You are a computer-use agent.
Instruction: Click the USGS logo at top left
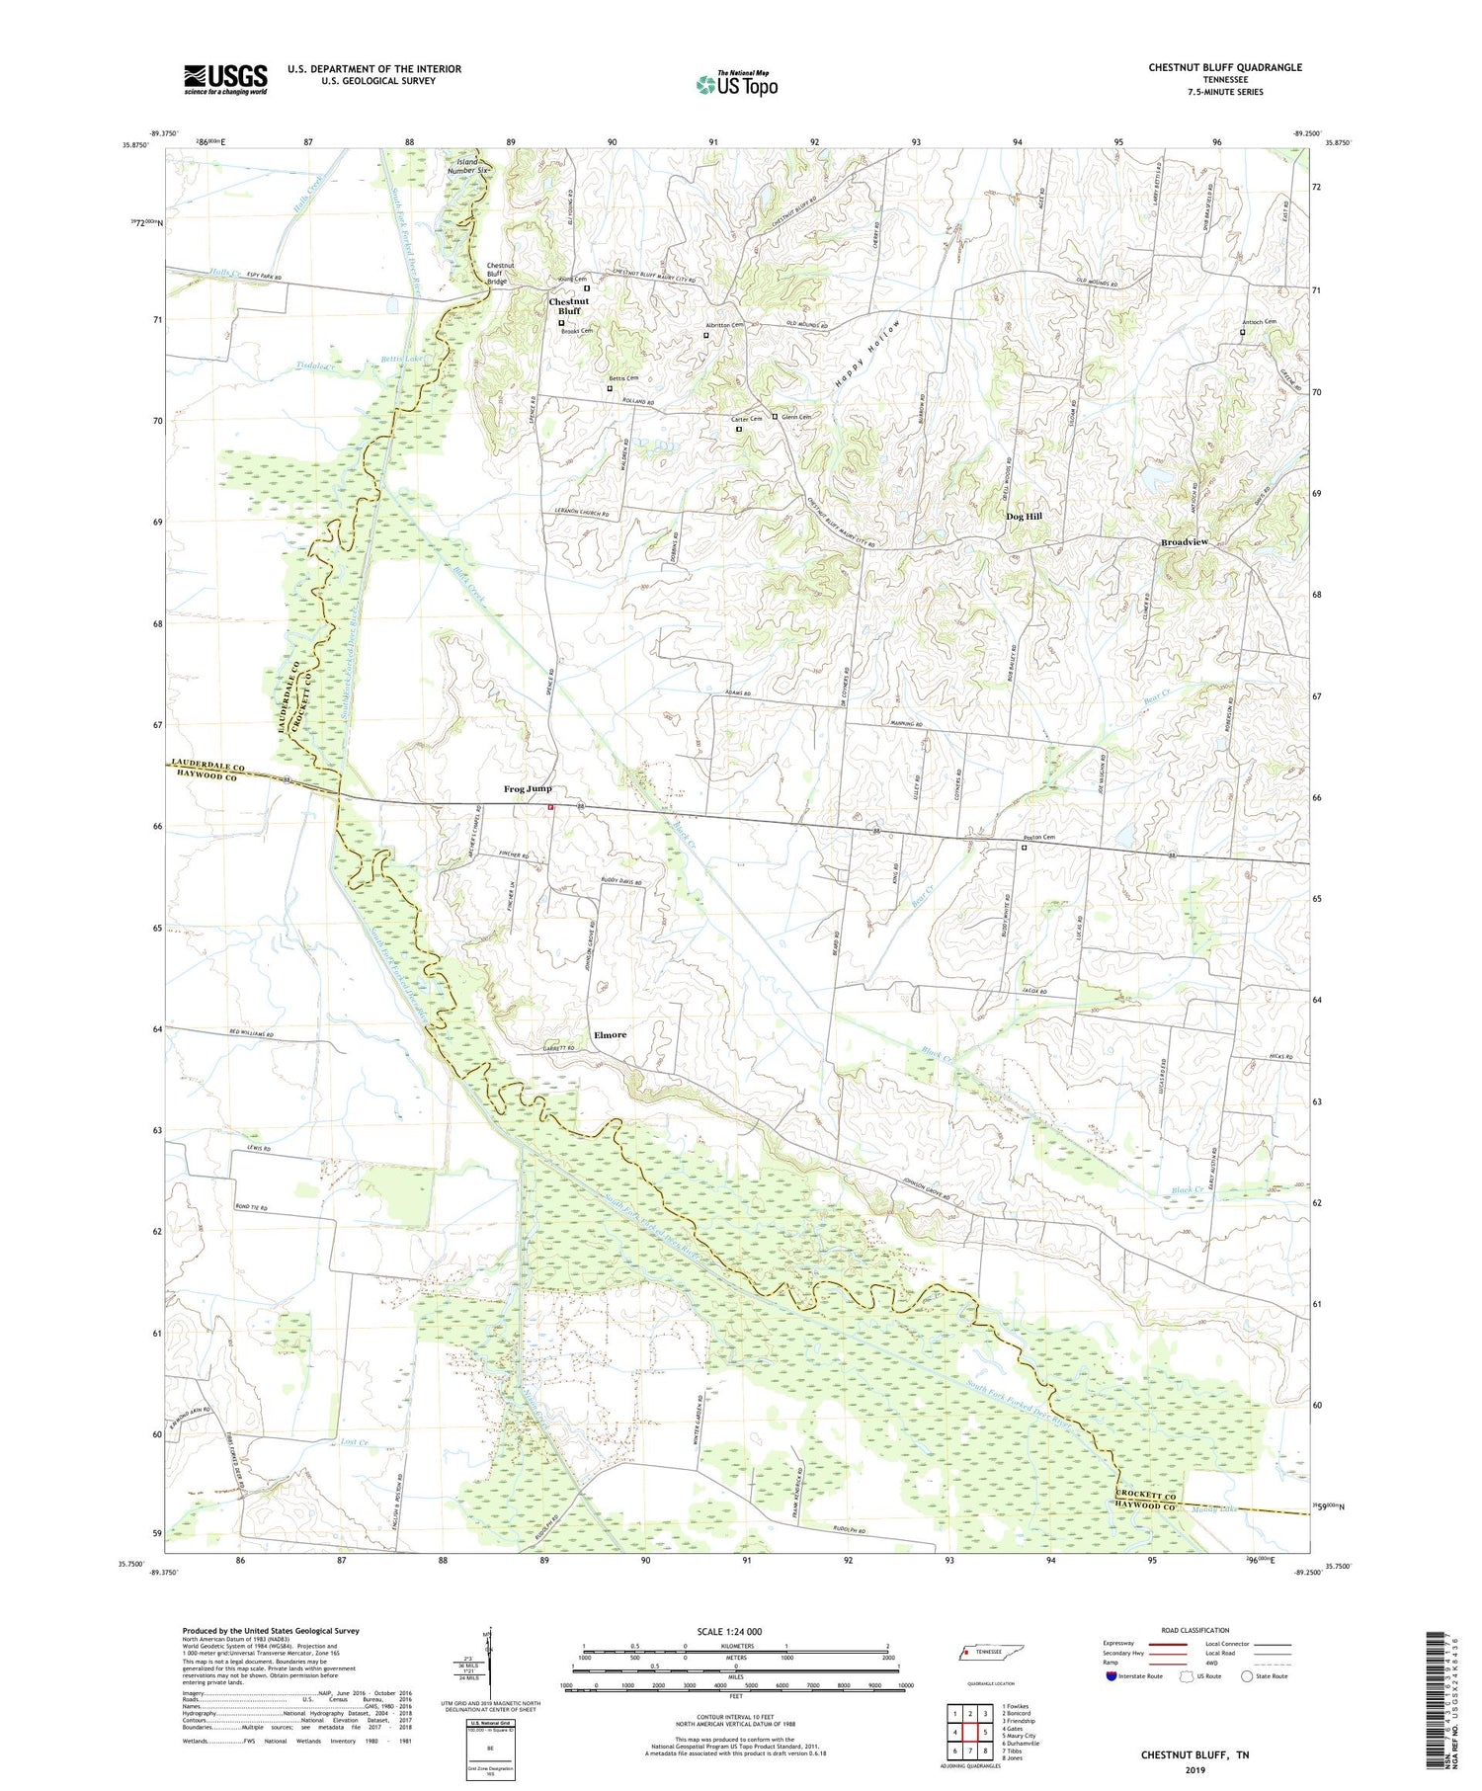pyautogui.click(x=225, y=79)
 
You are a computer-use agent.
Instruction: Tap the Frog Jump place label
pyautogui.click(x=528, y=788)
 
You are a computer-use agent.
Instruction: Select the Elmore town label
pyautogui.click(x=610, y=1034)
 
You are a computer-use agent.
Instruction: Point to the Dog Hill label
pyautogui.click(x=1024, y=516)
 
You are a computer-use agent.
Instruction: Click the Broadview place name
pyautogui.click(x=1185, y=542)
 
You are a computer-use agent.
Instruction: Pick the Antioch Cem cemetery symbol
pyautogui.click(x=1243, y=333)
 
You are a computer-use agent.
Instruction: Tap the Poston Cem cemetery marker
pyautogui.click(x=1024, y=848)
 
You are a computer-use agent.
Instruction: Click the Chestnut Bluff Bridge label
pyautogui.click(x=500, y=274)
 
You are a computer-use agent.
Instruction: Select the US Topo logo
pyautogui.click(x=736, y=85)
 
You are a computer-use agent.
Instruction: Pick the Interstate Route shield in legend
pyautogui.click(x=1111, y=1676)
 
